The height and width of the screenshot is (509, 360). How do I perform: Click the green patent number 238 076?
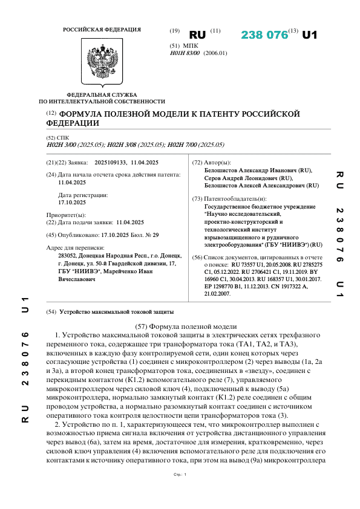pos(264,35)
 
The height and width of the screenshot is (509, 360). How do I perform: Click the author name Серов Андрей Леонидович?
pos(249,179)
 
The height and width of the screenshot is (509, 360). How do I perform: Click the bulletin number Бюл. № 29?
pos(147,235)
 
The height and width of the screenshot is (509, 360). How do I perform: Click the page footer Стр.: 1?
pos(180,492)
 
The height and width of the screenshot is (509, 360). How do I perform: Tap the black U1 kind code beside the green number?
pos(309,35)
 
